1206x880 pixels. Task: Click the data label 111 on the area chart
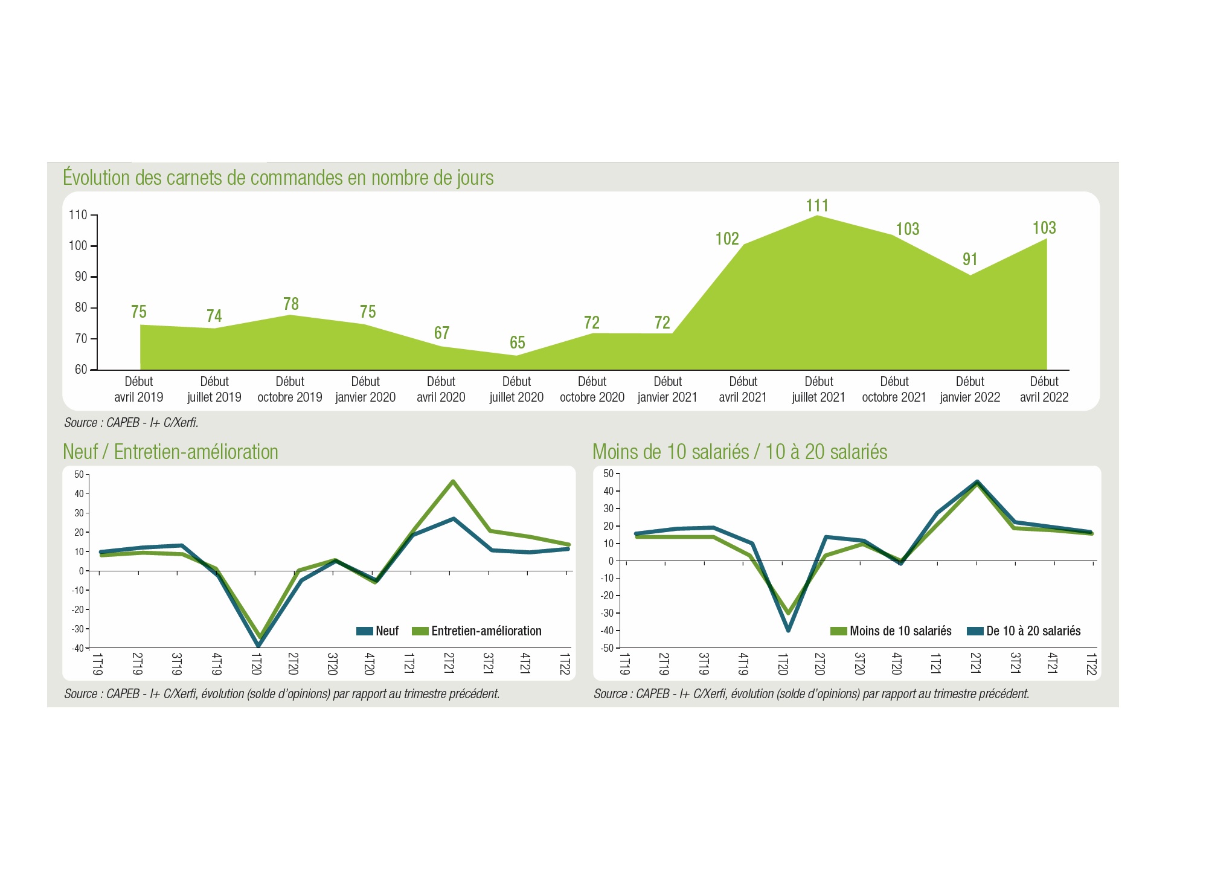coord(817,205)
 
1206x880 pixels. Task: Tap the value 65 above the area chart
coord(518,342)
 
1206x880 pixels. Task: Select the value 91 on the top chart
coord(970,259)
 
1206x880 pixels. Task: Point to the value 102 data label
coord(727,239)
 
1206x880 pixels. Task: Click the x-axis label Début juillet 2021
coord(818,390)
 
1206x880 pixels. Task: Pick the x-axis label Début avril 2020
coord(441,390)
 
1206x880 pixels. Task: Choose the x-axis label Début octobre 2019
coord(290,390)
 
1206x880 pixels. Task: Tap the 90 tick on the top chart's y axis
coord(81,277)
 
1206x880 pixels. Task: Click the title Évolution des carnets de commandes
coord(278,178)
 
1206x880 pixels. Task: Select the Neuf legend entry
coord(378,631)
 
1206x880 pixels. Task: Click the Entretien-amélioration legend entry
coord(477,631)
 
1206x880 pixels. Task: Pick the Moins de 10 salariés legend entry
coord(891,631)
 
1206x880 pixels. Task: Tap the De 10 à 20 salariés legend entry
coord(1024,631)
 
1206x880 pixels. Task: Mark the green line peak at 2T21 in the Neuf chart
coord(452,481)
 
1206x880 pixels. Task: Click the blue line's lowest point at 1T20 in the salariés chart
coord(788,630)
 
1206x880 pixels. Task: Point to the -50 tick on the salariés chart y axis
coord(607,648)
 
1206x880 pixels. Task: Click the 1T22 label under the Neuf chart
coord(565,664)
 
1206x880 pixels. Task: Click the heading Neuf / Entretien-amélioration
coord(170,452)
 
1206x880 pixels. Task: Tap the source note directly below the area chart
coord(131,423)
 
